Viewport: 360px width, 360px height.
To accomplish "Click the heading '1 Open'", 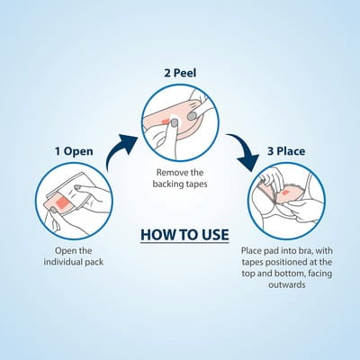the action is [x=74, y=151].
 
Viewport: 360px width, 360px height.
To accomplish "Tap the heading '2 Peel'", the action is [x=180, y=73].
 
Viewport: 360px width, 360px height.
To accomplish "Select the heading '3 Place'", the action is [x=286, y=151].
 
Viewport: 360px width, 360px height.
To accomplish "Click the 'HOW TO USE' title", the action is [x=184, y=235].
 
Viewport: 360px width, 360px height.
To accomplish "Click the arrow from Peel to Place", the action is [x=245, y=150].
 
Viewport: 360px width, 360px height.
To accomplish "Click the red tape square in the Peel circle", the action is [x=165, y=121].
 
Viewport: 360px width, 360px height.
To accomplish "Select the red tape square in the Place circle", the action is [x=285, y=192].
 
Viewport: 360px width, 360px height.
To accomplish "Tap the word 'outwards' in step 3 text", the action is [x=287, y=284].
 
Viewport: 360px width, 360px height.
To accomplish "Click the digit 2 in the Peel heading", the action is [x=167, y=73].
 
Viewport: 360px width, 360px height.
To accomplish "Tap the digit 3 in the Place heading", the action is [x=270, y=151].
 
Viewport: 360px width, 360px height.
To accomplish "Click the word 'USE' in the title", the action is [x=215, y=235].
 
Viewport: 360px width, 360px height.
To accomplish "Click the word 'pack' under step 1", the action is [x=94, y=263].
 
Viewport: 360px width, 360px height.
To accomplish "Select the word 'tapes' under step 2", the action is [x=196, y=184].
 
